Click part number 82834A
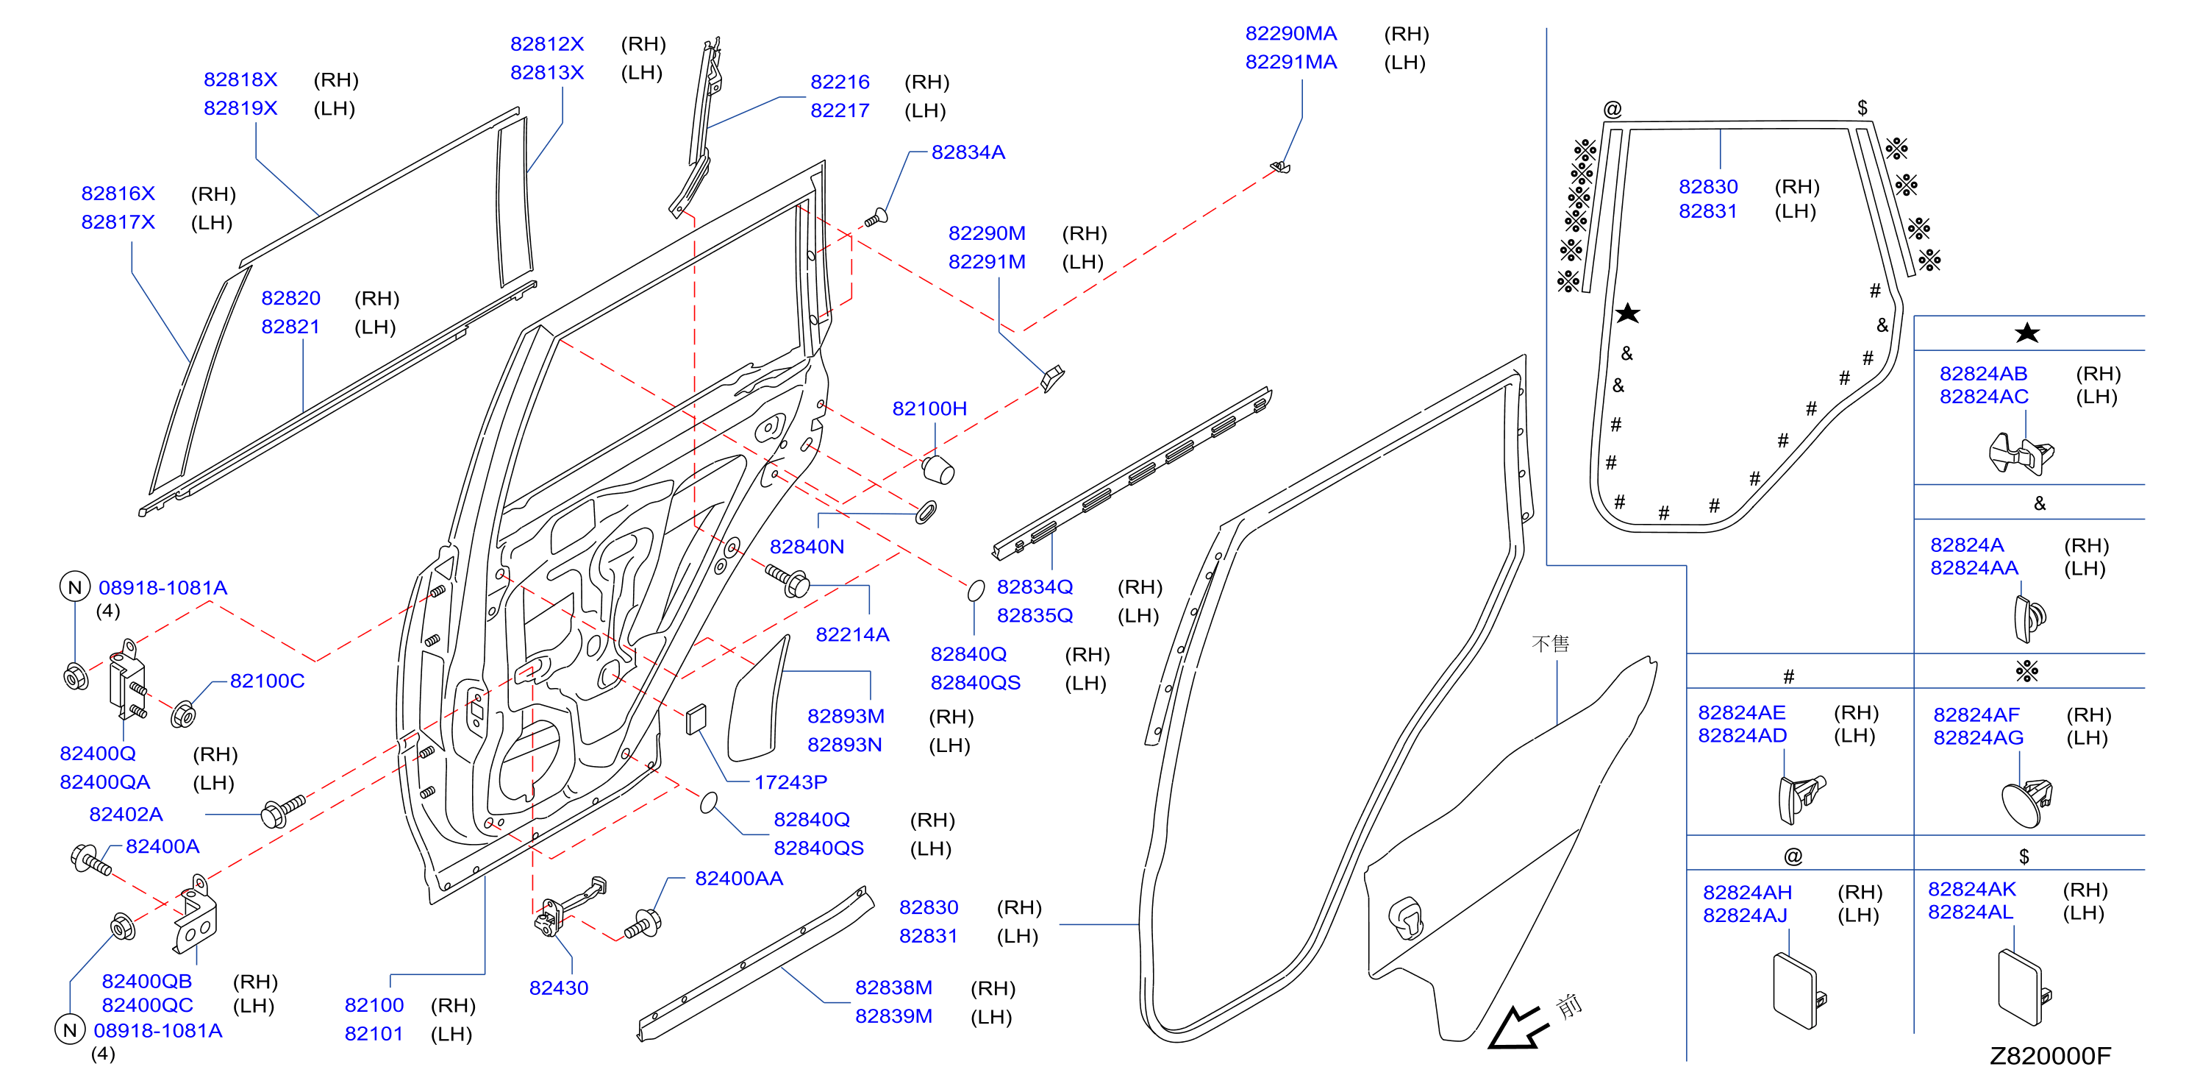click(x=968, y=152)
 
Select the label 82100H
click(x=929, y=408)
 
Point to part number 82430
click(x=559, y=988)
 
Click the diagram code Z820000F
click(x=2050, y=1056)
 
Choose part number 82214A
click(x=852, y=634)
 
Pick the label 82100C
click(x=268, y=681)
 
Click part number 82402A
click(x=126, y=815)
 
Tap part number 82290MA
click(x=1290, y=33)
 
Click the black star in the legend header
click(x=2026, y=333)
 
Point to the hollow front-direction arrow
click(x=1518, y=1028)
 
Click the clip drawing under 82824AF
click(x=2026, y=802)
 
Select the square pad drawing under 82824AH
click(x=1798, y=991)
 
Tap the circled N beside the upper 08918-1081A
click(x=75, y=587)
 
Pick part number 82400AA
click(x=739, y=879)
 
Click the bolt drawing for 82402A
click(x=282, y=811)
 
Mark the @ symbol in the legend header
click(x=1793, y=857)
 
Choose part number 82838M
click(x=893, y=988)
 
